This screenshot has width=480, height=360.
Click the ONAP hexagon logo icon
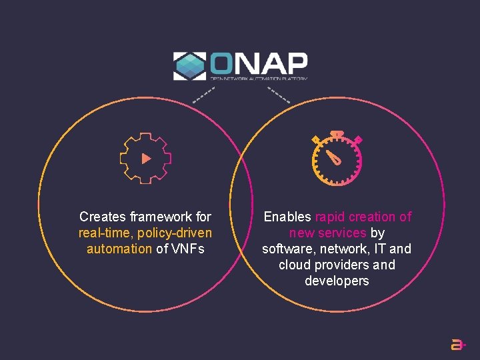tap(189, 66)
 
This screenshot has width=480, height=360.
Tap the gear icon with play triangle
tap(145, 158)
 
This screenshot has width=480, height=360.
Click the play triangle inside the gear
tap(146, 159)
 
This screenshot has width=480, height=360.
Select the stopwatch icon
tap(337, 159)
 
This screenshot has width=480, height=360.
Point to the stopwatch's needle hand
tap(333, 157)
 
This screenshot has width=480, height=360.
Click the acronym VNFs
tap(187, 249)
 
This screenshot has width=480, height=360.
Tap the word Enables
tap(287, 217)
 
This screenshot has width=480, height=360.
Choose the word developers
tap(337, 281)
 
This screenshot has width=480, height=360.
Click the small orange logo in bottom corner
tap(458, 345)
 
